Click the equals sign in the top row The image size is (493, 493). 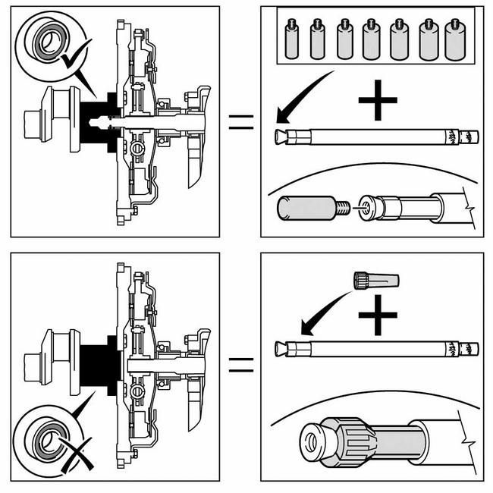pyautogui.click(x=240, y=122)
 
